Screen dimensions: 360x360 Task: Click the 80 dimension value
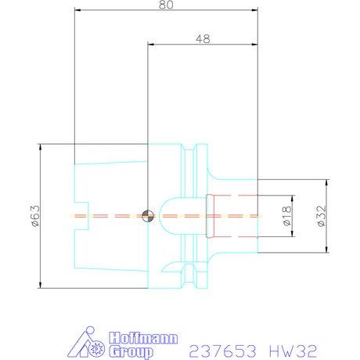166,5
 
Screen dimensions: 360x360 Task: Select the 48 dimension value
203,39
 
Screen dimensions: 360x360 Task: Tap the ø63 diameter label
36,216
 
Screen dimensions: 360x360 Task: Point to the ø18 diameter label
286,216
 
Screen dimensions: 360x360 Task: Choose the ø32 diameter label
321,216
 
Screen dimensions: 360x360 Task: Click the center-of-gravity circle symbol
148,216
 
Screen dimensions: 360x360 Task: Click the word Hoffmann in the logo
143,338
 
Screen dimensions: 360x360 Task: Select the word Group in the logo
131,351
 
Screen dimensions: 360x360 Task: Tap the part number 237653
222,351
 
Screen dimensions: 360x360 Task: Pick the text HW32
293,351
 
